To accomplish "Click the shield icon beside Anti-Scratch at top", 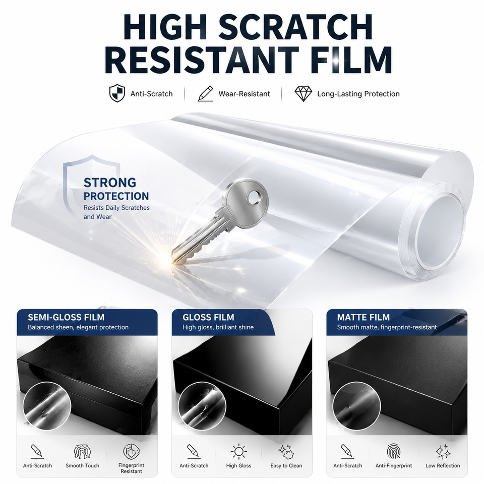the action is click(117, 93).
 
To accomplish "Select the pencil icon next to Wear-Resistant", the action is click(206, 94).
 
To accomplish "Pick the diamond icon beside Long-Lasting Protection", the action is click(303, 94).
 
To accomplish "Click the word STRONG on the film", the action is click(110, 183).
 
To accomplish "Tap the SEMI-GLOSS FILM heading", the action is click(66, 317).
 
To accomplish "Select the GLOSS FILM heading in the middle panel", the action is click(208, 317).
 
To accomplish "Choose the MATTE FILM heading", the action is click(364, 317).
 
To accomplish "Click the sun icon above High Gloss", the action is click(238, 452).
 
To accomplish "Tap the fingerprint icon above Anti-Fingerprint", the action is click(394, 452).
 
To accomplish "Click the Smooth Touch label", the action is click(82, 465).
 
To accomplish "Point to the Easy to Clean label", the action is click(286, 465).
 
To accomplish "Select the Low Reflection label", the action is click(443, 465).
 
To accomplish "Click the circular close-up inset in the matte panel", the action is click(356, 406).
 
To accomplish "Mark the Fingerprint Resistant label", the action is click(131, 468).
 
